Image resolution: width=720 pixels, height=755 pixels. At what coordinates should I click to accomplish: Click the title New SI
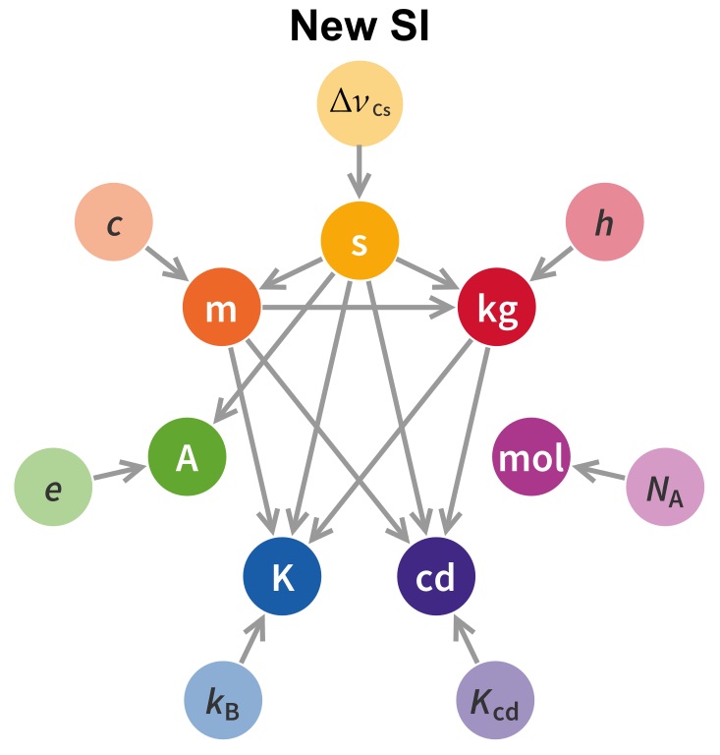pos(360,29)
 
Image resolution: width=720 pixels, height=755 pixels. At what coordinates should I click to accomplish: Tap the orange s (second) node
pos(360,243)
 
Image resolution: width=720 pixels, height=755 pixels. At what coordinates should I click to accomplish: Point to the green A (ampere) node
pos(188,458)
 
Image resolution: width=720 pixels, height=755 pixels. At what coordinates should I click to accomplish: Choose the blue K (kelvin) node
pos(283,578)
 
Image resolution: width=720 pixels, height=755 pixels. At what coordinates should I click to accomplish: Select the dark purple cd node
pos(436,578)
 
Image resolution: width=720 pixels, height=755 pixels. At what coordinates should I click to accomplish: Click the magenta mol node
pos(530,458)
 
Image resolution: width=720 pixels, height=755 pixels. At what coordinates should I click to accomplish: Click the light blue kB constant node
pos(224,704)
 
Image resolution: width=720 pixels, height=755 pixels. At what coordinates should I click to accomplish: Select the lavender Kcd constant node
pos(495,704)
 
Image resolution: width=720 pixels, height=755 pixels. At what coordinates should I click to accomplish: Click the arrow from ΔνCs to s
pos(360,169)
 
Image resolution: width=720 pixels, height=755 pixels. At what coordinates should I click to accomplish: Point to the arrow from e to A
pos(120,474)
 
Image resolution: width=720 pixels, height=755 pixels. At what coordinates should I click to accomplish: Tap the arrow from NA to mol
pos(598,474)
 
